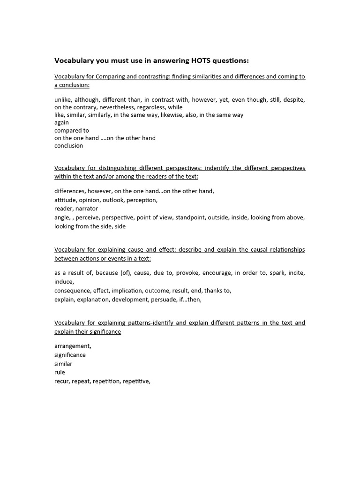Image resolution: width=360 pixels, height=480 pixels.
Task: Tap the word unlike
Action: (x=63, y=99)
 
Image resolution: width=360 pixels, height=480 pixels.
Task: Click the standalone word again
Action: (x=61, y=123)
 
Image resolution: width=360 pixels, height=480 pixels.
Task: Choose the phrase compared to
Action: (x=72, y=130)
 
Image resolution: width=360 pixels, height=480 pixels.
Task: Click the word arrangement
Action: (x=72, y=346)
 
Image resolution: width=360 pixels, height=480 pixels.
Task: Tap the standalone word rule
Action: (x=60, y=372)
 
